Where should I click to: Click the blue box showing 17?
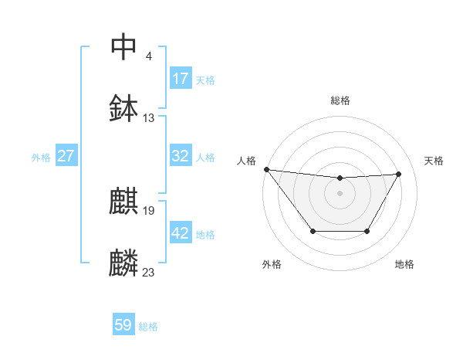[x=181, y=79]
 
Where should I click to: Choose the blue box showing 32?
[x=181, y=156]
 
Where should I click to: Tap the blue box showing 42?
[x=181, y=233]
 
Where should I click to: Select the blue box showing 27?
[x=66, y=156]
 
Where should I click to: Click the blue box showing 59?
[x=123, y=325]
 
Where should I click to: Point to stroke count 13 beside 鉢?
[x=149, y=118]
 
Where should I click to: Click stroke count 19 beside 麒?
[x=149, y=210]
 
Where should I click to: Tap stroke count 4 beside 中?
[x=148, y=56]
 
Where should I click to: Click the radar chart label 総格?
[x=340, y=100]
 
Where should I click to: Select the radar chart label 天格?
[x=434, y=161]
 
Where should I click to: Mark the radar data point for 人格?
[x=266, y=169]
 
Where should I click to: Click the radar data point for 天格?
[x=398, y=174]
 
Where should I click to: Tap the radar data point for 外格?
[x=313, y=231]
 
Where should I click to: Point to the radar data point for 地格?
[x=367, y=231]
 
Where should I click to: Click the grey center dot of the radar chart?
[x=340, y=193]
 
